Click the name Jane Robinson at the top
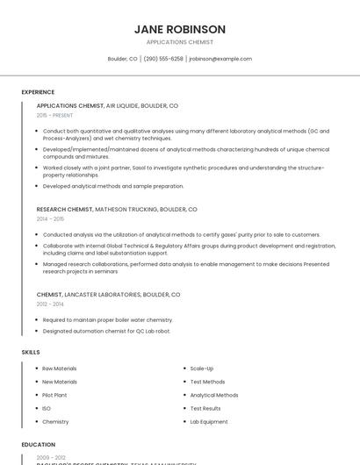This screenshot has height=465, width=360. (179, 29)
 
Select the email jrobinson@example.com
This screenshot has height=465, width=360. (220, 59)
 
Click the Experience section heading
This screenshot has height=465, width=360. (38, 91)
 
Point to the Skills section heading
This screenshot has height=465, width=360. (31, 352)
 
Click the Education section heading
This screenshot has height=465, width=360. (39, 445)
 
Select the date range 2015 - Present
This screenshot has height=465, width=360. (54, 115)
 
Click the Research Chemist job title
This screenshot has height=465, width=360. (64, 210)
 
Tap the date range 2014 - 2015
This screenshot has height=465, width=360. (50, 218)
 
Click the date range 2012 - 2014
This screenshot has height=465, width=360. (50, 304)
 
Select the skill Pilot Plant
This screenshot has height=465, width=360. (54, 395)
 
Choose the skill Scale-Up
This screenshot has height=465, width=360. (202, 368)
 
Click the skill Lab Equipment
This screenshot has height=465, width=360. (209, 422)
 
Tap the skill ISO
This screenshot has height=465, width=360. (47, 408)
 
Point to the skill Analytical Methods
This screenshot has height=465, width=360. (214, 395)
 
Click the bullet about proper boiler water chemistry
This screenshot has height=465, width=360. (108, 320)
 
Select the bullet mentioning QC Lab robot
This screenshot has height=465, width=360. (106, 331)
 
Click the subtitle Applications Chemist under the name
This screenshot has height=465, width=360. (179, 42)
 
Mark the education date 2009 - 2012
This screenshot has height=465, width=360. (51, 457)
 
